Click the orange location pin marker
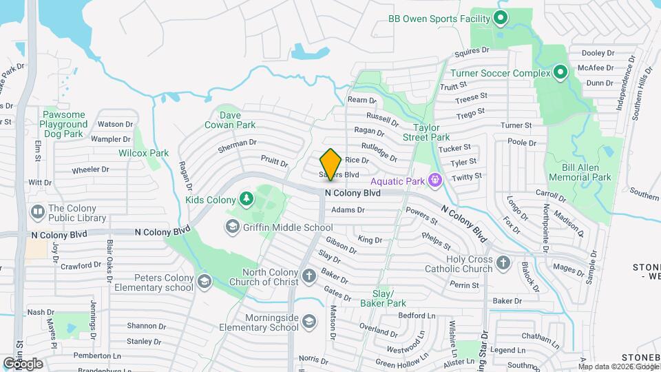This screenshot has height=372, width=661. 330,164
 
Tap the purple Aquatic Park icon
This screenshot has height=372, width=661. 434,180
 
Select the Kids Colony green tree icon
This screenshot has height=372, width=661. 246,200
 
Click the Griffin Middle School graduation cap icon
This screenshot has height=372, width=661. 233,227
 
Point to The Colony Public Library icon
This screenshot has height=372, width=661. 37,210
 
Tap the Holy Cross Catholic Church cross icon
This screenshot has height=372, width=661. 504,262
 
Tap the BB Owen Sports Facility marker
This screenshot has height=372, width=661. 501,19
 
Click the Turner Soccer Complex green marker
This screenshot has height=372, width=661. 560,72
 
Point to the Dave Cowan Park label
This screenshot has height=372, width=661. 230,120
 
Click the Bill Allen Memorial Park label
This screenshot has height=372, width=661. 580,172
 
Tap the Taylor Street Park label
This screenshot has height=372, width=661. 431,132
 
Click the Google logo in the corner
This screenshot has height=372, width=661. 23,363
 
